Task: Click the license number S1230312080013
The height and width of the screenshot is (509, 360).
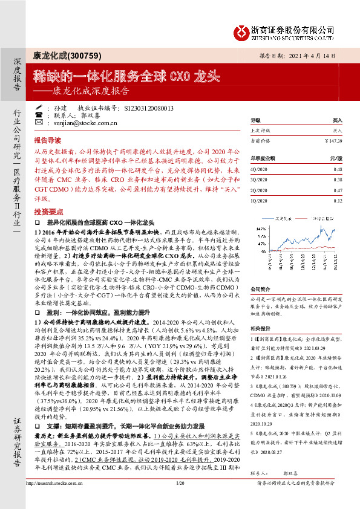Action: (x=148, y=108)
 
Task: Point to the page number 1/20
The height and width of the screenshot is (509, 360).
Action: (x=179, y=501)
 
